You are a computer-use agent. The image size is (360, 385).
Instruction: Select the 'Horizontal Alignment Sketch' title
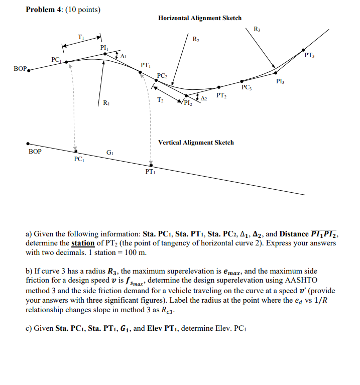[199, 18]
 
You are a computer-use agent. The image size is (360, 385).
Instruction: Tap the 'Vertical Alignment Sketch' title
[196, 143]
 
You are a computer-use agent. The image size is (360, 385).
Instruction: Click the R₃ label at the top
[258, 28]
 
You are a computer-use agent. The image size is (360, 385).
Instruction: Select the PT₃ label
[309, 55]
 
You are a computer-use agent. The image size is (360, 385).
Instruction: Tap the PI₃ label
[281, 81]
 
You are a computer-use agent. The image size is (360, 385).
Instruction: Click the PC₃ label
[247, 87]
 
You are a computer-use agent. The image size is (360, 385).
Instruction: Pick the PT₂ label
[221, 95]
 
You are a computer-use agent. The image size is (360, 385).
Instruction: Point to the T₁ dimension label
[81, 36]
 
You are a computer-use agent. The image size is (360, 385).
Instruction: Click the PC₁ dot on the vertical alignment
[76, 150]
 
